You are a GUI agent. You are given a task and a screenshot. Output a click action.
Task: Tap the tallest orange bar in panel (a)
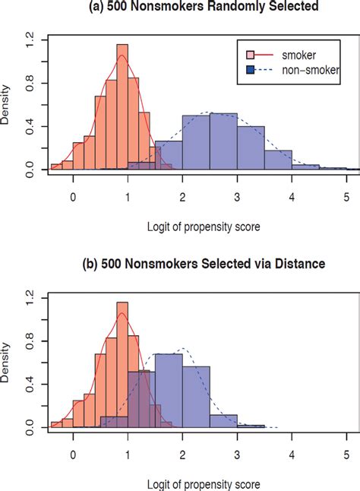pyautogui.click(x=122, y=114)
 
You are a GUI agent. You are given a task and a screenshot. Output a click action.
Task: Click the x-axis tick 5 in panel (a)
pyautogui.click(x=346, y=194)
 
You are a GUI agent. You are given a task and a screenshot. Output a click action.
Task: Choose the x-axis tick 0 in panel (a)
pyautogui.click(x=73, y=194)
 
